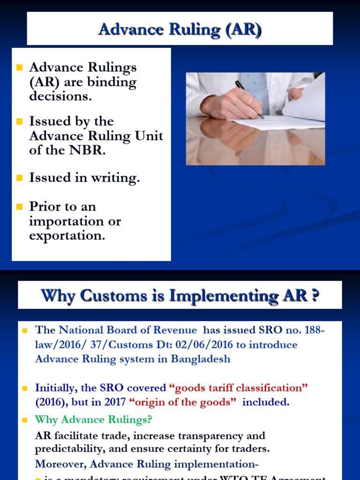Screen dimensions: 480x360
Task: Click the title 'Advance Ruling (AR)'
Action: pyautogui.click(x=180, y=30)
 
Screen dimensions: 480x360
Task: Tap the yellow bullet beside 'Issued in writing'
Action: pyautogui.click(x=19, y=178)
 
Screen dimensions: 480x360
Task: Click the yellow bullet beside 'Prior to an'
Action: pyautogui.click(x=19, y=206)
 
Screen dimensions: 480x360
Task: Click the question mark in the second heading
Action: pyautogui.click(x=315, y=296)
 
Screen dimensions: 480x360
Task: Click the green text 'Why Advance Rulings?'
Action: pyautogui.click(x=94, y=420)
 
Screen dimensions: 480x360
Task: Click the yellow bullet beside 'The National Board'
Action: pyautogui.click(x=25, y=330)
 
